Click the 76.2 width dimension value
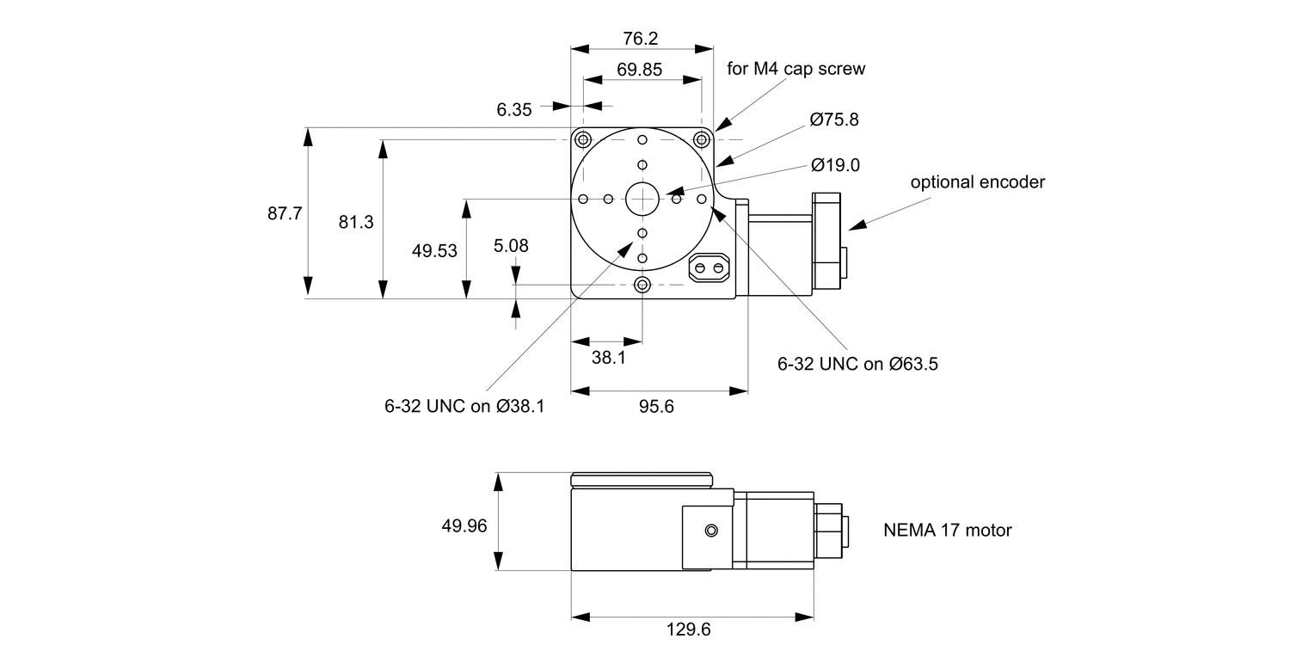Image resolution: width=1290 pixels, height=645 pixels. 640,39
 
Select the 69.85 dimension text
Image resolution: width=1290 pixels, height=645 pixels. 640,71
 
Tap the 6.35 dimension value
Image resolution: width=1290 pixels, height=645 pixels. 514,109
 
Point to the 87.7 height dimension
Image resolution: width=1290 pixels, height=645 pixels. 285,214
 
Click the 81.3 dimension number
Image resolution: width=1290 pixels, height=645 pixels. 356,222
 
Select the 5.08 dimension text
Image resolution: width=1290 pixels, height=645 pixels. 511,246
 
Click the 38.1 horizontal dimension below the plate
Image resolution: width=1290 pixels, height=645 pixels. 608,357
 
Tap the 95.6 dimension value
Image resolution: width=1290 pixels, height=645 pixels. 656,407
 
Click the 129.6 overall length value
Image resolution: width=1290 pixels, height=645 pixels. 689,630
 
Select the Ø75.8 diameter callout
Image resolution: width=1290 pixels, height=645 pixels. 833,120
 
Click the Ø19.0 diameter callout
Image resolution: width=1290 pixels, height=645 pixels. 834,165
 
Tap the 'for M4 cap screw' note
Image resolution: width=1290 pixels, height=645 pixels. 795,69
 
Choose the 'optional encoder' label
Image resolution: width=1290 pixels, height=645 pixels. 978,182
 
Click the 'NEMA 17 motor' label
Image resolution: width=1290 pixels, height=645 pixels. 948,531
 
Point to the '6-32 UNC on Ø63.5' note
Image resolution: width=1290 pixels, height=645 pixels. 857,364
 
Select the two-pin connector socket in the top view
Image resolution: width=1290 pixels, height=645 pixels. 709,268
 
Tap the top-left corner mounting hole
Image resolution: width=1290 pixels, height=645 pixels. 584,140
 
